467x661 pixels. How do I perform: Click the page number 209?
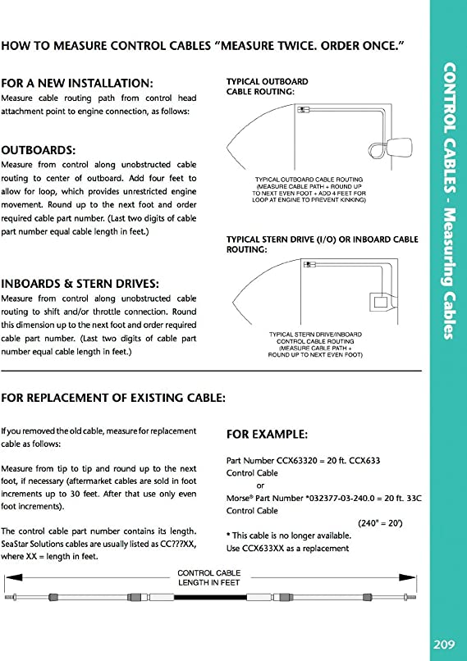(x=444, y=644)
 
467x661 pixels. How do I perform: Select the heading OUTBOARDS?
(x=39, y=151)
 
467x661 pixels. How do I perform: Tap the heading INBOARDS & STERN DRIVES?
(x=80, y=284)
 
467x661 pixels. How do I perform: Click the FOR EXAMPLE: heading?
(x=267, y=435)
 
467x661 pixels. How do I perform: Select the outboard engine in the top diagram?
(x=399, y=148)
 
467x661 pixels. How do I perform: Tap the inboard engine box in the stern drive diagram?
(x=382, y=303)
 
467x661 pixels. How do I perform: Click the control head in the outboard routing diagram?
(x=304, y=110)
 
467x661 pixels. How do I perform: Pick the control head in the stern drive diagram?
(x=310, y=264)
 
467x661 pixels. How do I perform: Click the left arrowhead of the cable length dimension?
(x=13, y=577)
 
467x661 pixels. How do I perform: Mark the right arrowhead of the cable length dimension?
(x=408, y=577)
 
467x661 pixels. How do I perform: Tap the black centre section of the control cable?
(x=210, y=597)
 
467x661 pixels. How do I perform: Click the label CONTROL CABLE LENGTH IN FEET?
(x=208, y=577)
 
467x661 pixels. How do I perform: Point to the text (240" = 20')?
(x=380, y=523)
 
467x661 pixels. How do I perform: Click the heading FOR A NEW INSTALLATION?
(x=77, y=83)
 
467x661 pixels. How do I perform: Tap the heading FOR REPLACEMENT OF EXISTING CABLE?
(x=113, y=398)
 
